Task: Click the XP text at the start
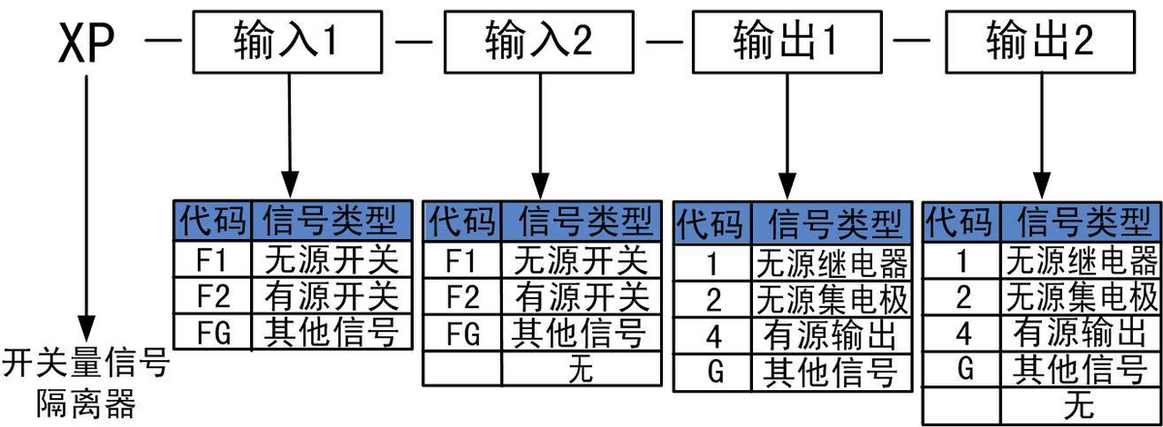pyautogui.click(x=88, y=44)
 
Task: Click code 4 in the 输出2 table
pyautogui.click(x=962, y=332)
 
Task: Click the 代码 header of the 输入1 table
pyautogui.click(x=212, y=222)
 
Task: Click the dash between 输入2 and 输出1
pyautogui.click(x=666, y=44)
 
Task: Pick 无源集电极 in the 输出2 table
pyautogui.click(x=1081, y=296)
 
